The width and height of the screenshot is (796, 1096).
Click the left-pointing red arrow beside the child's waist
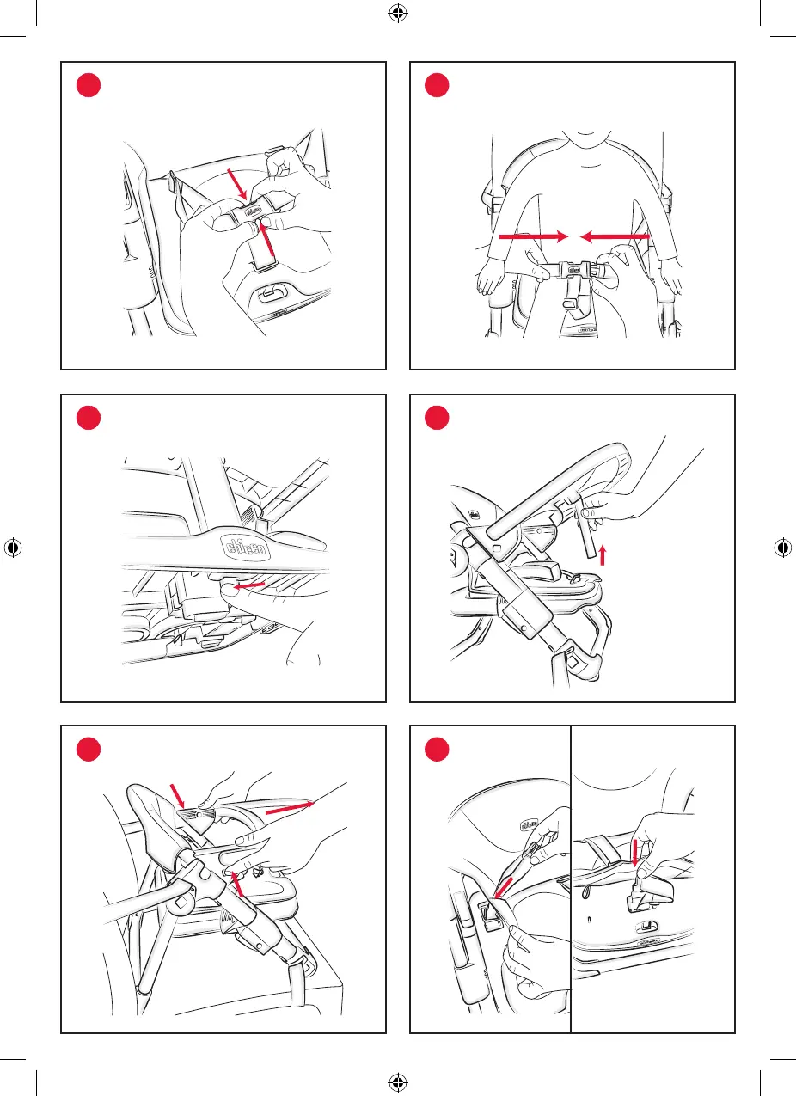click(x=615, y=235)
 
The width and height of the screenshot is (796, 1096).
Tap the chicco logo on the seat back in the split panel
click(x=527, y=824)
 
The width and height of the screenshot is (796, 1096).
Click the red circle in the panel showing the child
click(x=437, y=86)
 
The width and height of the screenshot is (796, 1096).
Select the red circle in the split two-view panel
click(x=437, y=750)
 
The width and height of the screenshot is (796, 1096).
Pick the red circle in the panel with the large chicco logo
click(x=88, y=418)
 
